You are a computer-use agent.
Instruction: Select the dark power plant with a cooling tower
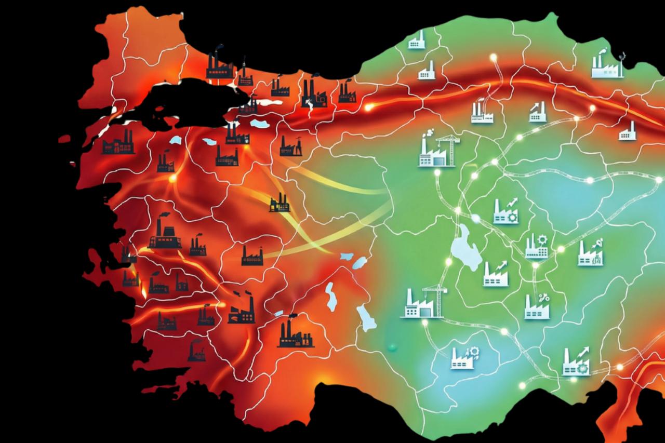(165, 233)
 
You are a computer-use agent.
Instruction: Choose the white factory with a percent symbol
(537, 306)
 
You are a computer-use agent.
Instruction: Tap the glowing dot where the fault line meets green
(369, 108)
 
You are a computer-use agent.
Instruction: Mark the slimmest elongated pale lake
(330, 296)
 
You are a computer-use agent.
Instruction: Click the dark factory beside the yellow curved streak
(280, 203)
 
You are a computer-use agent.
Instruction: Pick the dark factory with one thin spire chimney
(243, 75)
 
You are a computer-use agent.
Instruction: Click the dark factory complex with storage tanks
(295, 335)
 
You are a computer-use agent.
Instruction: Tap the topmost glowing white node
(493, 57)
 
